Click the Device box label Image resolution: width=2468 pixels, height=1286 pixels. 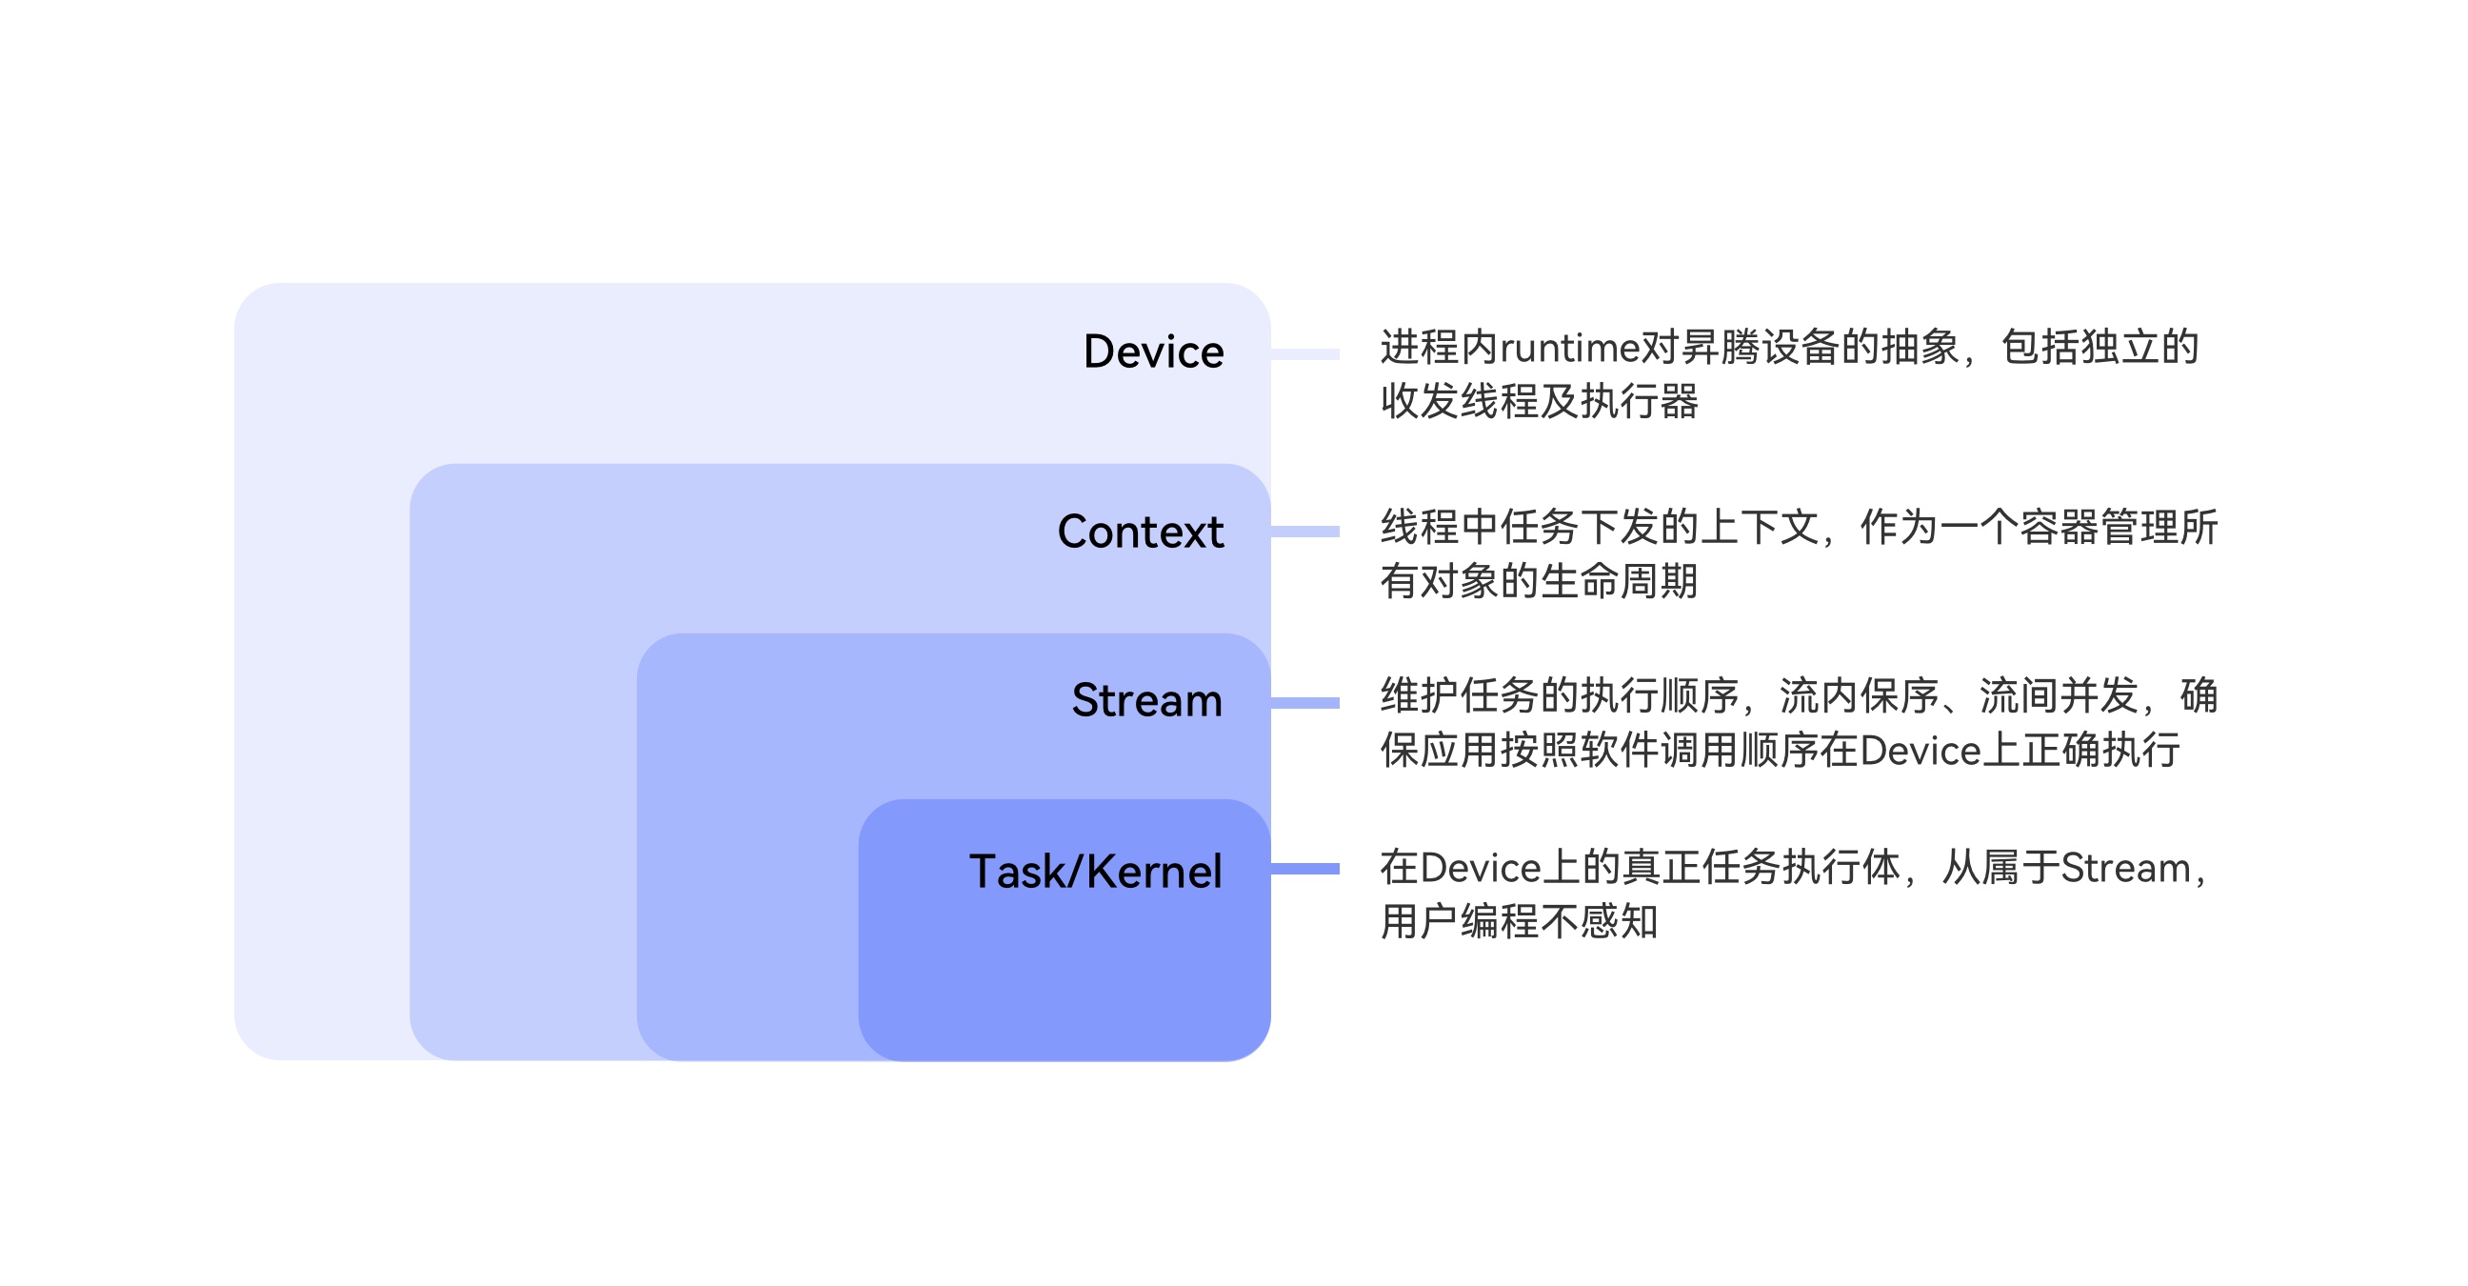(x=1152, y=352)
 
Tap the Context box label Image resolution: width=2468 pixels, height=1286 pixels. (x=1140, y=532)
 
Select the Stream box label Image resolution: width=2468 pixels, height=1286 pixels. (x=1146, y=700)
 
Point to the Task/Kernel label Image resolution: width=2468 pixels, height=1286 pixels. (x=1095, y=872)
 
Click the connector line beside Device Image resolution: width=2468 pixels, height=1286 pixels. (x=1304, y=354)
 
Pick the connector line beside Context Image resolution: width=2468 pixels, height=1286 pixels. (x=1304, y=532)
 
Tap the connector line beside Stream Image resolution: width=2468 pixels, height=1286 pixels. (x=1304, y=703)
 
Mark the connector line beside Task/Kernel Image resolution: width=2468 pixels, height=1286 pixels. (x=1304, y=869)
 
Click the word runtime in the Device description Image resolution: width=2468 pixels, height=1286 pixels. (x=1569, y=348)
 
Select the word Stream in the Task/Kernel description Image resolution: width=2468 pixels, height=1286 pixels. (x=2125, y=868)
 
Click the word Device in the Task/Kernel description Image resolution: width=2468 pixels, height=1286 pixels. (x=1481, y=868)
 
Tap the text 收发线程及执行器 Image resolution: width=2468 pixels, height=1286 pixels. (x=1540, y=401)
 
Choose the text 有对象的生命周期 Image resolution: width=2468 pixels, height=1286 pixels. (x=1540, y=582)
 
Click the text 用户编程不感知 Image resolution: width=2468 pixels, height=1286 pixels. (x=1520, y=922)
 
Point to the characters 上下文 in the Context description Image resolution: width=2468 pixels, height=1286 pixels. (x=1759, y=528)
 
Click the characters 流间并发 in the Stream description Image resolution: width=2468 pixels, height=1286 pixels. (x=2059, y=696)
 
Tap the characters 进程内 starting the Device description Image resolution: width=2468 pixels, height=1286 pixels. (x=1439, y=348)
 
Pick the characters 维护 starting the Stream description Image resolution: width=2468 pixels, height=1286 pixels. (x=1420, y=696)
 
